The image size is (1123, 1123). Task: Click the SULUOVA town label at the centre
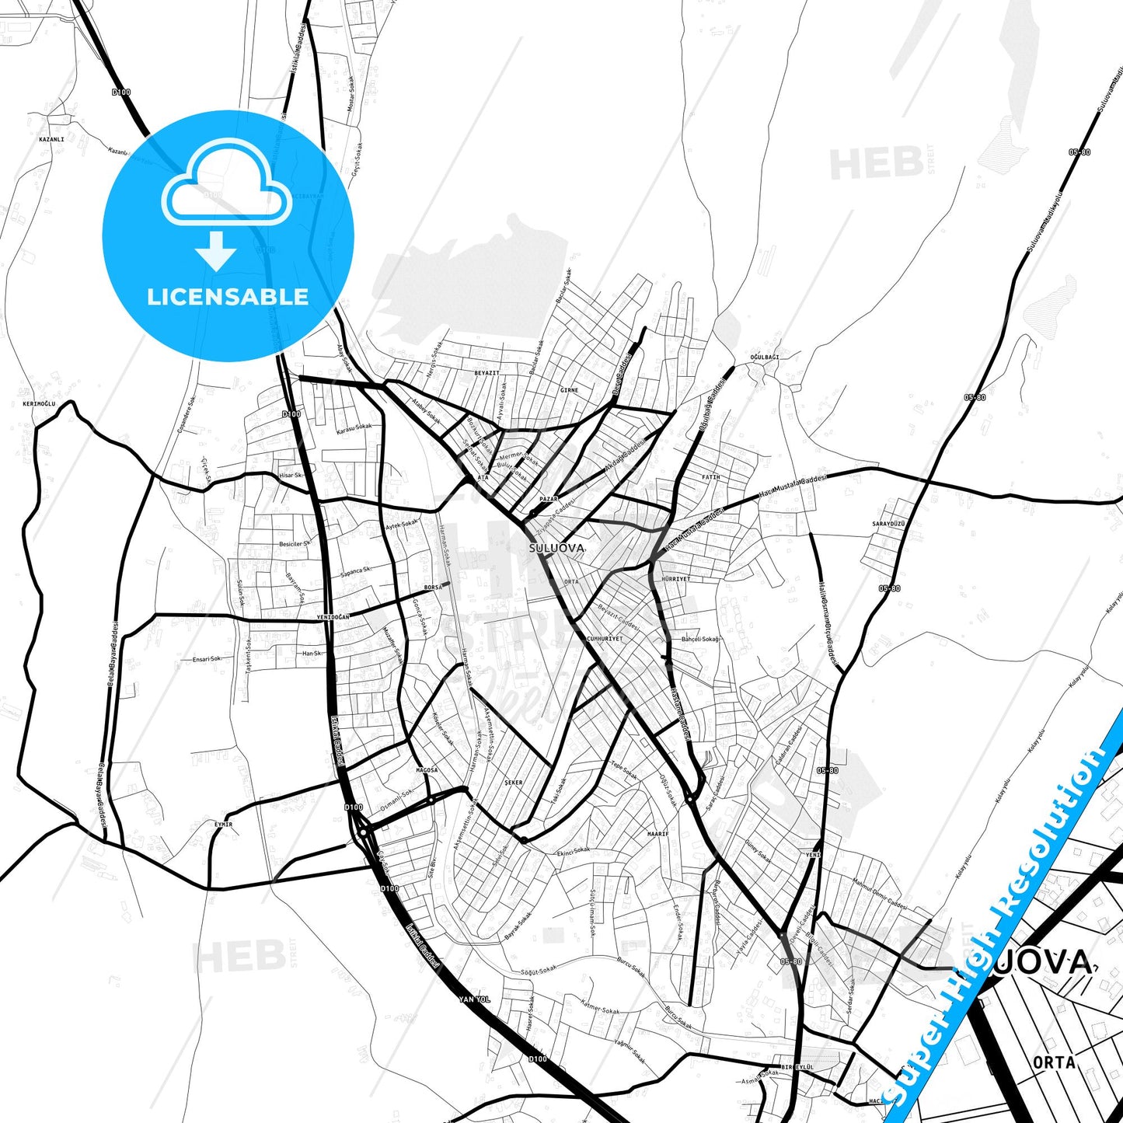tap(556, 548)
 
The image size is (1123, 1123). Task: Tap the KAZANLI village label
tap(51, 139)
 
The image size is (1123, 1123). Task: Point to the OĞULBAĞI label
tap(764, 357)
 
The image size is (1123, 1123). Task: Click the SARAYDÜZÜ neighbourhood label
tap(888, 524)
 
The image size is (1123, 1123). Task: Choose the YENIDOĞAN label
tap(333, 616)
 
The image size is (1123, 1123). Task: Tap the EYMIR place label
tap(223, 825)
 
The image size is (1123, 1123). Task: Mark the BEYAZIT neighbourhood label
tap(487, 373)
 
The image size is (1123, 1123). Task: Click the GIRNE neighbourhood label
tap(569, 390)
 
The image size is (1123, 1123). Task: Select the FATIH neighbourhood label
tap(710, 477)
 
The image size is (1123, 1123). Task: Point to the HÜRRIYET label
tap(675, 579)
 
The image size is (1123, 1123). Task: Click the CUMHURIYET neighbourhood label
tap(605, 639)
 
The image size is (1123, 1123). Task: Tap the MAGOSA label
tap(427, 770)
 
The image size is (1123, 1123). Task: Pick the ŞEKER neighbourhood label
tap(514, 783)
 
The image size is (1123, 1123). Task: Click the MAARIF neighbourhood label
tap(657, 833)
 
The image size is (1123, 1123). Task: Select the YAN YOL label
tap(474, 999)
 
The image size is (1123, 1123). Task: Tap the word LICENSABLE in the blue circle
tap(228, 297)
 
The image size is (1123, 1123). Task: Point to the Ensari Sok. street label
tap(207, 659)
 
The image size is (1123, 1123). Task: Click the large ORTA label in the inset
tap(1054, 1062)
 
